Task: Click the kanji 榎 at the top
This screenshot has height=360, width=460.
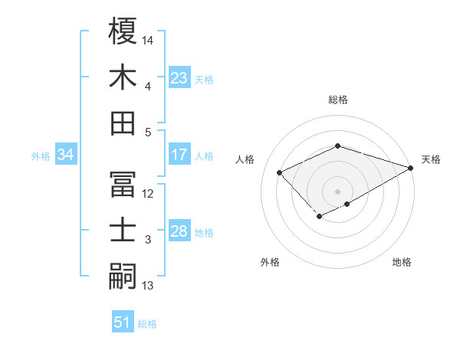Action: (x=123, y=31)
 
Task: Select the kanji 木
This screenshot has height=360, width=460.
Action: (x=123, y=77)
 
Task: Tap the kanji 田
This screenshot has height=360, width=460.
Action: (x=123, y=123)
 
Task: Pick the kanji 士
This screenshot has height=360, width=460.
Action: (x=123, y=231)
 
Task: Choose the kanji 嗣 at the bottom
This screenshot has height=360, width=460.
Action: (x=123, y=277)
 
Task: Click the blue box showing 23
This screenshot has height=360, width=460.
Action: (x=179, y=78)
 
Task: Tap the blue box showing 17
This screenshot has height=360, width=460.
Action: (x=179, y=155)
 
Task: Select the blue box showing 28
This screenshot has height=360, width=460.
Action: (x=179, y=232)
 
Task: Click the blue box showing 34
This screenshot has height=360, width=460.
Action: (x=66, y=155)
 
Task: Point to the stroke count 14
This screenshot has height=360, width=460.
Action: (x=149, y=39)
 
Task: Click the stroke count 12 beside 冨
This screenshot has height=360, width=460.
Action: (x=149, y=193)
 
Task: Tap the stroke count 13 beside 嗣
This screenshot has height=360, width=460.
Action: (x=149, y=286)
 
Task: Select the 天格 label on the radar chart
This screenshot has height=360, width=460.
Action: (x=431, y=160)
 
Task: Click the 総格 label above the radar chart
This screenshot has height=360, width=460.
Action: (x=337, y=100)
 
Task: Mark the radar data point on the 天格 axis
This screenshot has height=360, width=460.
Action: (x=411, y=166)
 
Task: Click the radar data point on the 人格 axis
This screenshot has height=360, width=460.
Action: (x=280, y=172)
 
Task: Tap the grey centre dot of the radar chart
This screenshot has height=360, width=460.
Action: (x=337, y=191)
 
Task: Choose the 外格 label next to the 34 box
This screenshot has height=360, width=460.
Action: (x=41, y=156)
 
